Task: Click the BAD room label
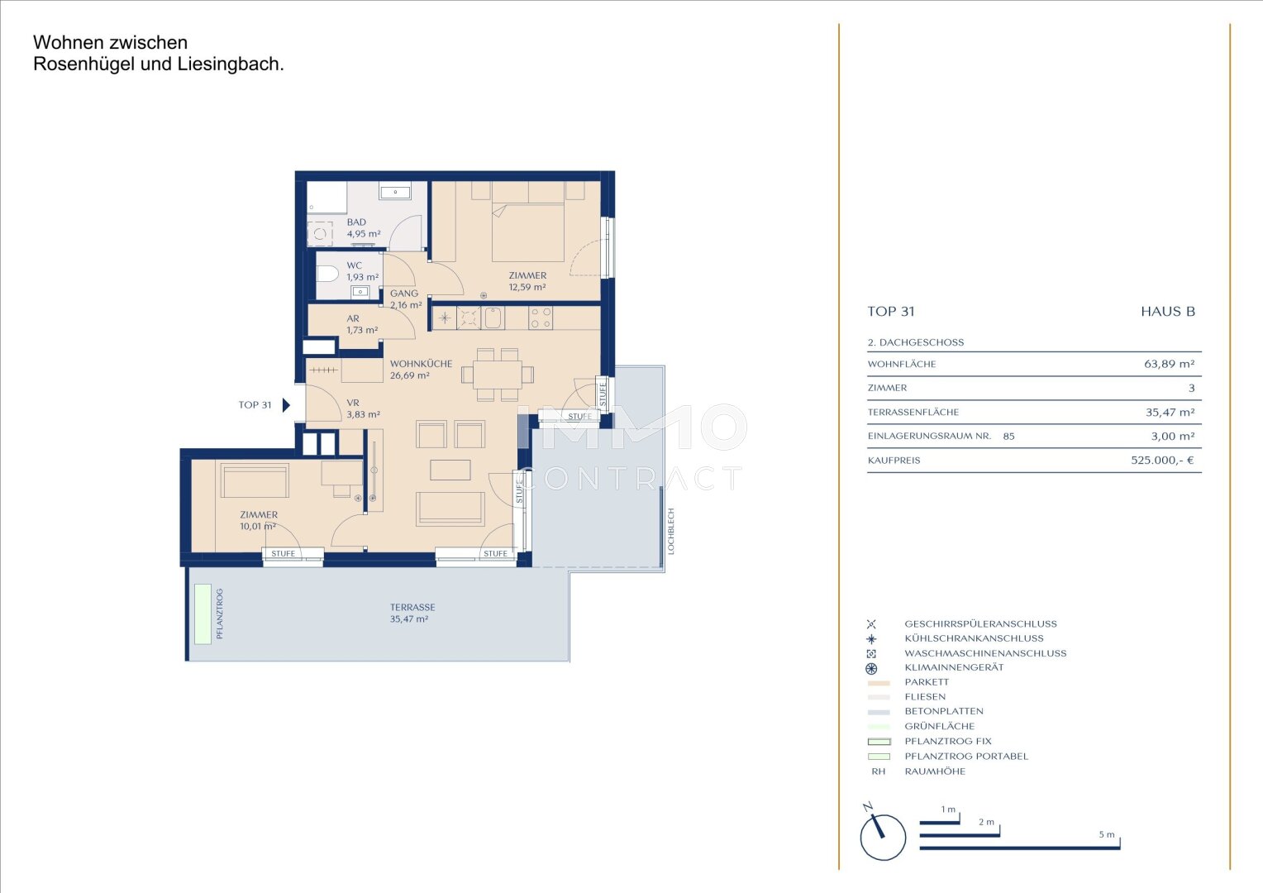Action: [x=356, y=222]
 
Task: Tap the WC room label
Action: [x=354, y=265]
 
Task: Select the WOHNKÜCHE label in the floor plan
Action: [x=422, y=364]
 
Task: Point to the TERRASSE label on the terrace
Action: [x=412, y=608]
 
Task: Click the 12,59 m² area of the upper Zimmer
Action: [x=527, y=287]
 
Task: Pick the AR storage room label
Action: [x=353, y=318]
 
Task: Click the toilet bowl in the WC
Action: [x=327, y=275]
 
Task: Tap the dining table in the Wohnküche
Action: [x=498, y=375]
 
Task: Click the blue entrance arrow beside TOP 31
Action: [x=287, y=405]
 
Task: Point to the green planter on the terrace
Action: [x=203, y=614]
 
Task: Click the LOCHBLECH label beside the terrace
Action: [x=671, y=532]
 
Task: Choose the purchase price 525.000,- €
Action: [x=1163, y=461]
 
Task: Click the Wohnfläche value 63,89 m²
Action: [x=1170, y=365]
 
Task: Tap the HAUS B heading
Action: [x=1168, y=312]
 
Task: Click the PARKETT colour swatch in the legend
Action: [x=879, y=683]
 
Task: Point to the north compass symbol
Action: [x=882, y=833]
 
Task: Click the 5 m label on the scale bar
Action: [x=1107, y=834]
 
